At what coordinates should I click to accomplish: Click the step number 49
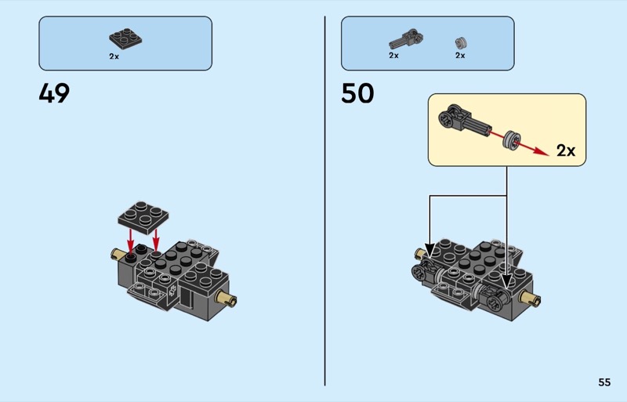click(54, 93)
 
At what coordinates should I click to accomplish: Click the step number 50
click(357, 93)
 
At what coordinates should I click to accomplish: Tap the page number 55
click(603, 382)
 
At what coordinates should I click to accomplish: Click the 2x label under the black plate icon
click(114, 56)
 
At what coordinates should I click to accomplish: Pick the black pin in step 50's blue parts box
click(404, 38)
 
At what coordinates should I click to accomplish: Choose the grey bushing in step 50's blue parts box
click(461, 42)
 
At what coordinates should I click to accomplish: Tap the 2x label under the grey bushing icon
click(460, 56)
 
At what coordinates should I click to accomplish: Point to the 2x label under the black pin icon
click(393, 56)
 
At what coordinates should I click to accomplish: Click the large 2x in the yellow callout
click(566, 150)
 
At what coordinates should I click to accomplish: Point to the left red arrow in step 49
click(130, 241)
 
